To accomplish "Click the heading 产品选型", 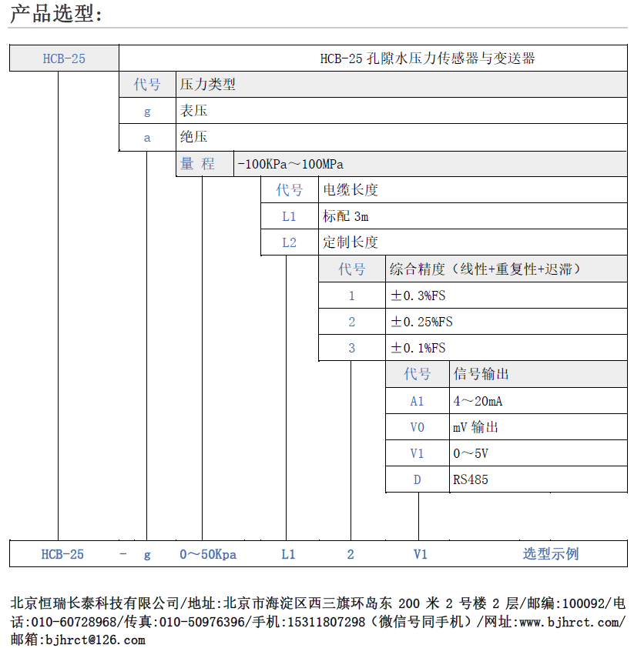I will [x=55, y=13].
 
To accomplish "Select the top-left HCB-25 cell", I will [x=63, y=58].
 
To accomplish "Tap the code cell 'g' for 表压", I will [x=147, y=111].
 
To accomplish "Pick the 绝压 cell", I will [x=194, y=137].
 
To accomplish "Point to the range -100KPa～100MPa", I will [x=290, y=164].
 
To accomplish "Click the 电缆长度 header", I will [x=351, y=190].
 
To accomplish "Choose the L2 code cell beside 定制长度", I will [x=289, y=242].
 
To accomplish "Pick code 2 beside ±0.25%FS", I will [x=352, y=322].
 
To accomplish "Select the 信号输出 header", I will [x=481, y=374].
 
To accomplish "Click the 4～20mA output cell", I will [x=478, y=401].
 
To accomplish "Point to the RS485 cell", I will [x=471, y=479].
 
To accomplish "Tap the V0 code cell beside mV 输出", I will [x=418, y=427].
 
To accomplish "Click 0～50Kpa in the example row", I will [x=208, y=554].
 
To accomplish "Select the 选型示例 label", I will [x=551, y=554].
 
